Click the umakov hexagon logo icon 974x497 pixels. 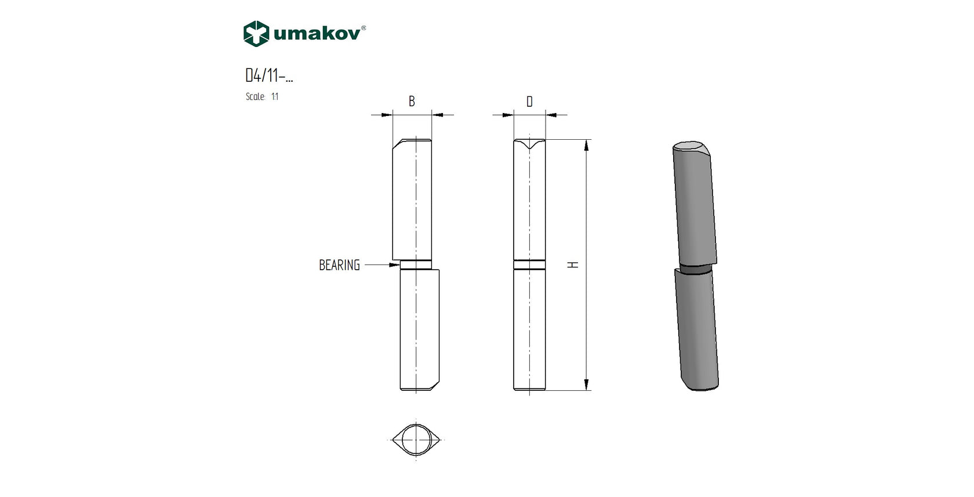point(256,34)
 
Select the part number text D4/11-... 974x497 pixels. point(268,75)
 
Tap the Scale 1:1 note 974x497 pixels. point(262,97)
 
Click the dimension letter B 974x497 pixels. point(412,101)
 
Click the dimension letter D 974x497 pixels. point(529,102)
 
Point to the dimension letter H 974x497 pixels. point(573,264)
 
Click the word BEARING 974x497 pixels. point(339,265)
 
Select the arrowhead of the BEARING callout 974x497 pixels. point(395,265)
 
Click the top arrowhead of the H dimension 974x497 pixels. point(587,145)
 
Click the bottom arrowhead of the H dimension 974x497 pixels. point(587,384)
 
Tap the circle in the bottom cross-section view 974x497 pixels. point(416,439)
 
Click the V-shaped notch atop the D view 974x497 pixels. point(529,145)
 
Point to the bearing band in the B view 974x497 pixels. point(416,265)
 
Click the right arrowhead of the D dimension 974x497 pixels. point(551,115)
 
